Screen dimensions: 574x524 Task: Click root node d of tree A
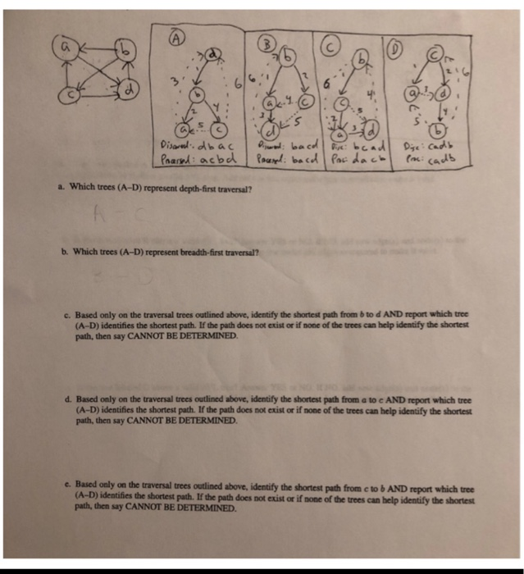point(214,55)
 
